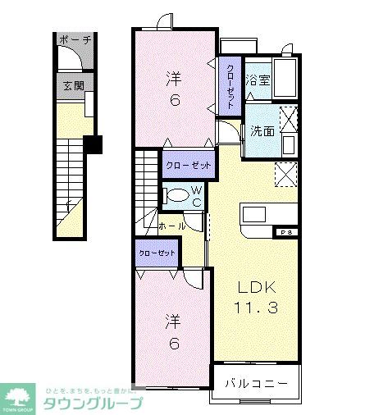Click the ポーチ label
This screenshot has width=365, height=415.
point(75,39)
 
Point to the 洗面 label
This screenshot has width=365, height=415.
point(262,130)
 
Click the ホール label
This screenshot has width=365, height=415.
point(171,225)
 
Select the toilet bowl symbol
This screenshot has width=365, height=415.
point(176,195)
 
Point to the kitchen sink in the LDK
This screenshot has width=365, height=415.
point(253,214)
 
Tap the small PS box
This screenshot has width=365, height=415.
point(288,232)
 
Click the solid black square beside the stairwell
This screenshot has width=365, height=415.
point(93,144)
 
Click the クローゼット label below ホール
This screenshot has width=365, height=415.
point(157,253)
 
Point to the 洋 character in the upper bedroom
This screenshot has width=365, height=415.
point(173,80)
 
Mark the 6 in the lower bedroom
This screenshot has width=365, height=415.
point(173,344)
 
